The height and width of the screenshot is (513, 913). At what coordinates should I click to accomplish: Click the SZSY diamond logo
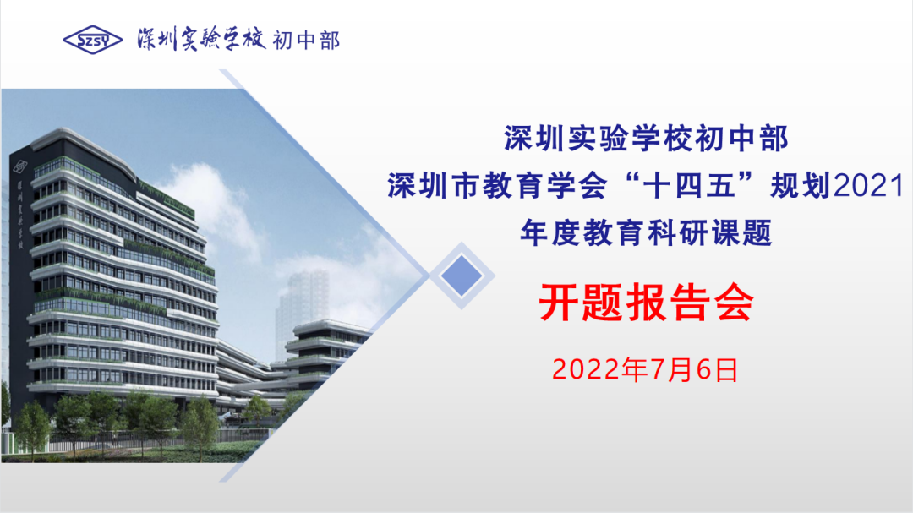coord(93,40)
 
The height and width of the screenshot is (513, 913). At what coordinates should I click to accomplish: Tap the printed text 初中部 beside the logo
coord(306,41)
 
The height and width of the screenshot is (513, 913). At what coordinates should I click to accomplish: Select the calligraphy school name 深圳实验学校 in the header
coord(201,39)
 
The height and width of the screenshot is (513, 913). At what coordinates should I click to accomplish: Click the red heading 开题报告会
coord(646,303)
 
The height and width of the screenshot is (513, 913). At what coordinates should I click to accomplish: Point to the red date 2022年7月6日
coord(645,370)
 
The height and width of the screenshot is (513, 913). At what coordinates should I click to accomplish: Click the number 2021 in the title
coord(869,186)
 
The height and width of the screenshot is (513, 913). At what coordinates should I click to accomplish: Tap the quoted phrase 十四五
coord(690,186)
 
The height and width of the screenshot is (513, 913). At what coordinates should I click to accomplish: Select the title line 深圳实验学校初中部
coord(646,139)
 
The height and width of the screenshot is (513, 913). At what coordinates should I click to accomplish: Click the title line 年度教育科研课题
coord(646,233)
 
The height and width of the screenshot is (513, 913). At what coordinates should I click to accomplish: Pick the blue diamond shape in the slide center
coord(462,276)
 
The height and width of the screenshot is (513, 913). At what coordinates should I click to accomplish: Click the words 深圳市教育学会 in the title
coord(497,186)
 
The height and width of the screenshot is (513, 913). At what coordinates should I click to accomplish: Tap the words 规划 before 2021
coord(801,186)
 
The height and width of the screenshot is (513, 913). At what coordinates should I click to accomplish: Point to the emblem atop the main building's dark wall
coord(20,166)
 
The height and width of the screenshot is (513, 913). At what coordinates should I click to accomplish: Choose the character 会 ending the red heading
coord(735,303)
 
